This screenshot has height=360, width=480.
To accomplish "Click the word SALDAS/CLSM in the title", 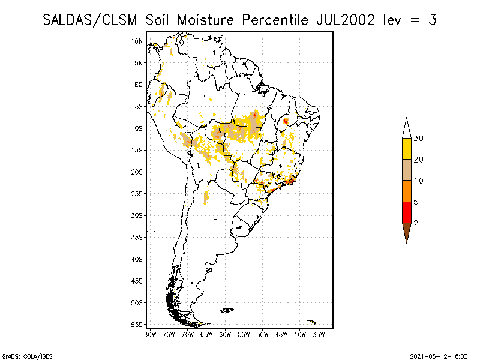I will (92, 20).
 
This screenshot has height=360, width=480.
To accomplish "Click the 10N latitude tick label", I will (137, 41).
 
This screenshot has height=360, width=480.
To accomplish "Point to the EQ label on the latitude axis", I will (139, 85).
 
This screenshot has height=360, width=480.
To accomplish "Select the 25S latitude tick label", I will (137, 193).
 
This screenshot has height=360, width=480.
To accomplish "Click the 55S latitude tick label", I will (137, 324).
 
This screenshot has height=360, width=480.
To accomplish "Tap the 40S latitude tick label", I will (137, 259).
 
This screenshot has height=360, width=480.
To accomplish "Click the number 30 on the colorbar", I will (418, 139).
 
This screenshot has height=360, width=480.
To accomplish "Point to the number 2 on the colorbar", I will (416, 223).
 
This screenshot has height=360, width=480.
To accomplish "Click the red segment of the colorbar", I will (406, 212).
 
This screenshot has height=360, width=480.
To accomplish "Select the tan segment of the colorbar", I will (406, 170).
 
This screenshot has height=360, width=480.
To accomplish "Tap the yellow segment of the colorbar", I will (406, 149).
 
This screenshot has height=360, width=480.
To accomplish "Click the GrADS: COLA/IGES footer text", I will (21, 356).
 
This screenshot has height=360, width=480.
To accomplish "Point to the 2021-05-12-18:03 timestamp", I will (439, 356).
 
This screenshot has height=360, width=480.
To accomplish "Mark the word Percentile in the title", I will (275, 20).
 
